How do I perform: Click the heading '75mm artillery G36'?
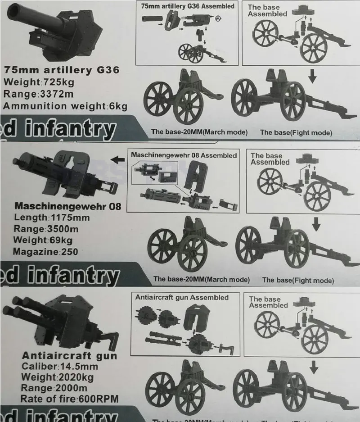tap(61, 70)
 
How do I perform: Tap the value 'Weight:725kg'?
tap(39, 82)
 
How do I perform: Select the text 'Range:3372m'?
tap(39, 94)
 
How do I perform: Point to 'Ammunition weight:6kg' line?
tap(65, 106)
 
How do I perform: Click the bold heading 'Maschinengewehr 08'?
tap(68, 206)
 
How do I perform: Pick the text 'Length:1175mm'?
tap(51, 218)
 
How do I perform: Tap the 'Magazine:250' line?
tap(45, 252)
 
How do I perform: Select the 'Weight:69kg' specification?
tap(43, 240)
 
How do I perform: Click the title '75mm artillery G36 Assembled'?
tap(188, 6)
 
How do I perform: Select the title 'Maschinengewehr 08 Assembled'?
tap(184, 155)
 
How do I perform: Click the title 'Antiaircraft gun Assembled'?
tap(182, 298)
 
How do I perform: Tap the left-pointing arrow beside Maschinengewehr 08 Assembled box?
tap(118, 159)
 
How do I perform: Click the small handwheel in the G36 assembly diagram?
tap(219, 19)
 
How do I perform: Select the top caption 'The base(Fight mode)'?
tap(296, 132)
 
